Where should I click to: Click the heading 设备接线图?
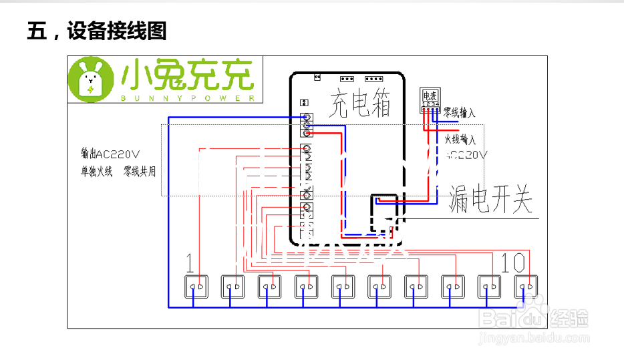click(116, 31)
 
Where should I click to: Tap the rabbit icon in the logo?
click(90, 80)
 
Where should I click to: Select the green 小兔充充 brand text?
click(188, 76)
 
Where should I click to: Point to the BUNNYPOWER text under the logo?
click(188, 98)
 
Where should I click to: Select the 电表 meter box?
click(430, 100)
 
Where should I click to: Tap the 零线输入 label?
click(460, 114)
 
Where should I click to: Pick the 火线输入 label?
click(460, 140)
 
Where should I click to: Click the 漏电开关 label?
click(491, 198)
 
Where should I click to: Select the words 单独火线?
click(96, 172)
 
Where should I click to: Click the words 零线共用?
click(140, 172)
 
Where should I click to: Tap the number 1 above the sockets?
click(190, 264)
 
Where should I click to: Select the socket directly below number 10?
click(526, 287)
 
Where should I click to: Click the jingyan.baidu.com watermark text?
click(534, 339)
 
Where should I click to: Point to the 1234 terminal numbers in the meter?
click(430, 104)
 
